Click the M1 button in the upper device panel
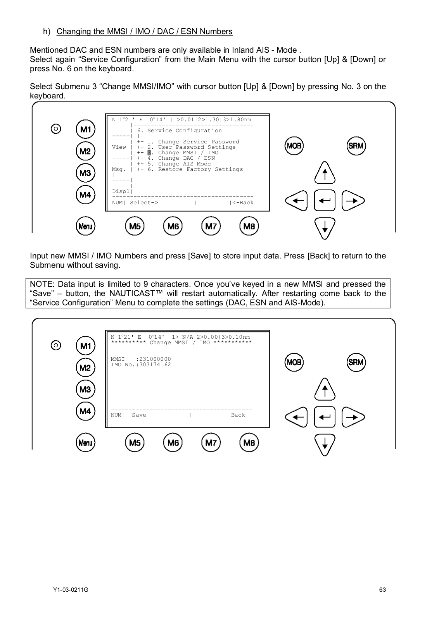[x=85, y=129]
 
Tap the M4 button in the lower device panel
[x=85, y=411]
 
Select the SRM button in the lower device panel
[x=356, y=362]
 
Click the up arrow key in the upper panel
[x=325, y=173]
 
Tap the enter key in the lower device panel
[x=325, y=417]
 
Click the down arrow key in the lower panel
[x=325, y=444]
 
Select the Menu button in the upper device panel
[x=85, y=226]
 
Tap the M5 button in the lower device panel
[x=135, y=443]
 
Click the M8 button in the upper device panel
[x=249, y=226]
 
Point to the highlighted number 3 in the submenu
[x=149, y=153]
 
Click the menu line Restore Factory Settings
[x=195, y=169]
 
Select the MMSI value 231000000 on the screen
[x=155, y=359]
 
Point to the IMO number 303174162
[x=155, y=365]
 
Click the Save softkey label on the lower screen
[x=139, y=415]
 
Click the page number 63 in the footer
[x=382, y=590]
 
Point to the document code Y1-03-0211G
[x=71, y=590]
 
